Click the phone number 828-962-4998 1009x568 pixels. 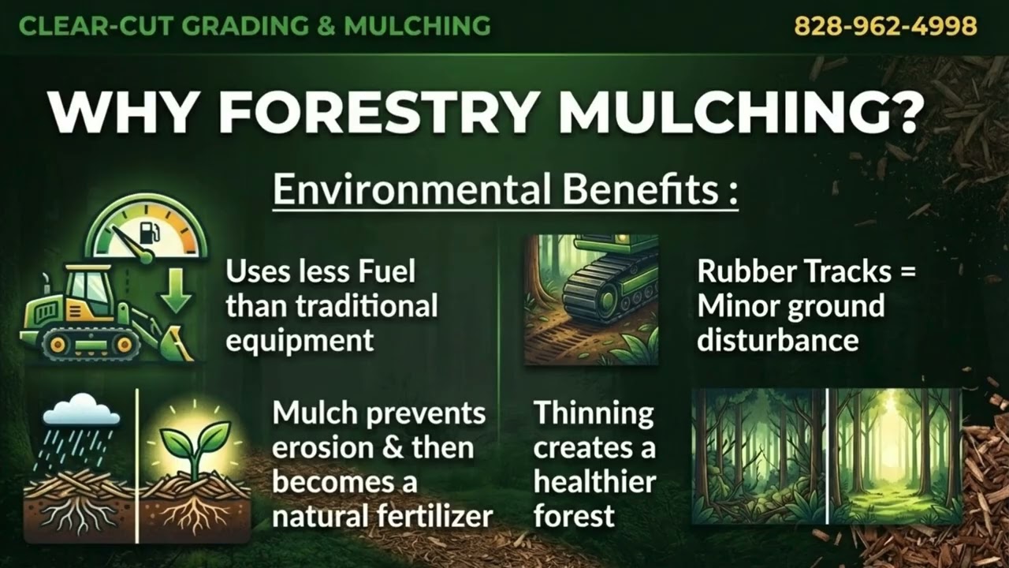pos(885,26)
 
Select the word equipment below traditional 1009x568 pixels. pos(300,341)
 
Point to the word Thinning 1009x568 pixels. pos(594,413)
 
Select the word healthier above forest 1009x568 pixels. pos(594,482)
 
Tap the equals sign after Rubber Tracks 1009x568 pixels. pos(907,272)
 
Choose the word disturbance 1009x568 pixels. pos(777,341)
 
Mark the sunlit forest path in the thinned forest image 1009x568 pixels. pos(895,489)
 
